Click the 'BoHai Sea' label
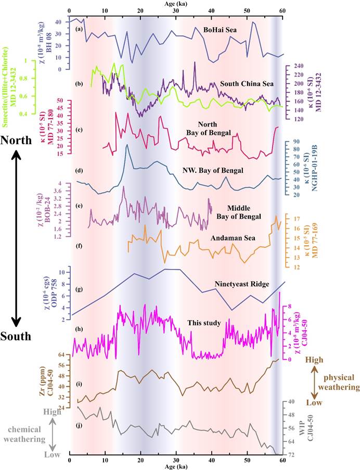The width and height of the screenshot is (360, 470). point(219,30)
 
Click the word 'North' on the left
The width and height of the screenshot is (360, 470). point(17,141)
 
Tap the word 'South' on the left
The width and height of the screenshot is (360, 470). point(17,336)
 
